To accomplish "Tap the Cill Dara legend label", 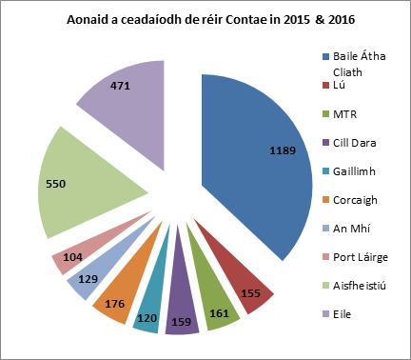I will click(353, 143).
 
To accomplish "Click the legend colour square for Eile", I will click(325, 314).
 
